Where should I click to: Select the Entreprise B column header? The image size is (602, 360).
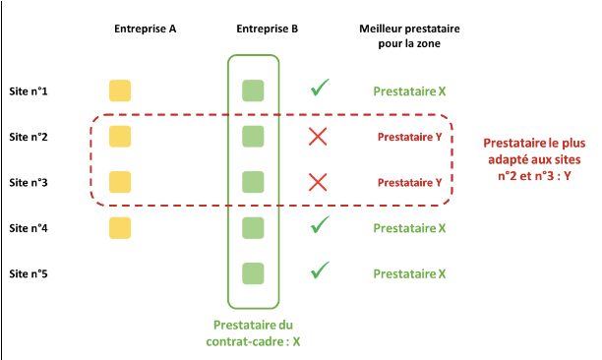[x=268, y=29]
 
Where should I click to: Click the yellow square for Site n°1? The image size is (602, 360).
[x=120, y=91]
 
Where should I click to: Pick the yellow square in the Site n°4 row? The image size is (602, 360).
[x=120, y=228]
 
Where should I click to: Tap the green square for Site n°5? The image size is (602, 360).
[x=254, y=272]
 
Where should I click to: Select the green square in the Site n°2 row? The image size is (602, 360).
[x=254, y=137]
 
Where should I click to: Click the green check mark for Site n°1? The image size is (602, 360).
[x=319, y=90]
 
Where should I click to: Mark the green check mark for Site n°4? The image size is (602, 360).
[x=319, y=226]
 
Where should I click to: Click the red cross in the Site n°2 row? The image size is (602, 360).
[x=318, y=137]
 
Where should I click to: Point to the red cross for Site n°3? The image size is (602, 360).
[x=318, y=182]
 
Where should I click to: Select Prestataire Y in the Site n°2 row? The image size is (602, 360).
[x=409, y=137]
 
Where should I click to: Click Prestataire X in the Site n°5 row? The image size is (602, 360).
[x=409, y=273]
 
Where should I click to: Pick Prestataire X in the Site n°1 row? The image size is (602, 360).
[x=409, y=92]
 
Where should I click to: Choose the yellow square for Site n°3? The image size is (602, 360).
[x=120, y=182]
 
